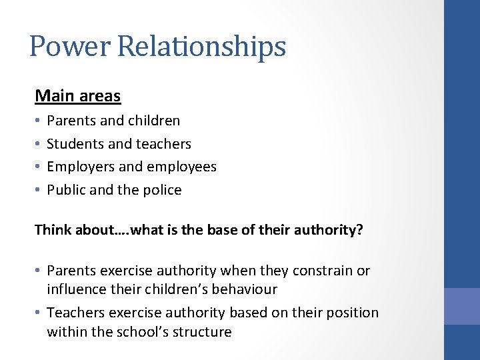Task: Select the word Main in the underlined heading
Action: click(x=55, y=96)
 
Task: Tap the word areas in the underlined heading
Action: click(x=100, y=97)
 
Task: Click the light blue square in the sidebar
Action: click(x=462, y=306)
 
